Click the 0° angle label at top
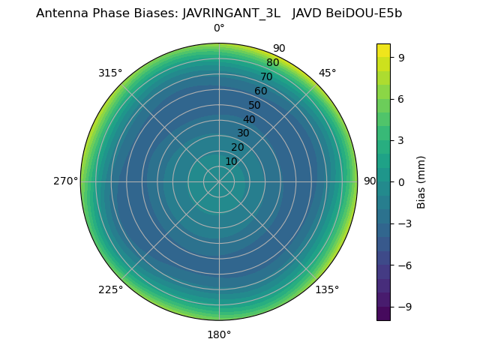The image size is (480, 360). point(219,28)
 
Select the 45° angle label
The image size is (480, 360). point(327,73)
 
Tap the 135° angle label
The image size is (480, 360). point(327,289)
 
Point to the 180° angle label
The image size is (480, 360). point(219,334)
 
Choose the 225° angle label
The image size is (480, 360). point(110,289)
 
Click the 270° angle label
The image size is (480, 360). point(65,181)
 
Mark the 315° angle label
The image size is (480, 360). point(110,73)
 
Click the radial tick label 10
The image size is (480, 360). point(231,161)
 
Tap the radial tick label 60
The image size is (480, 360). point(260,91)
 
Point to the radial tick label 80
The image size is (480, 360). point(272,63)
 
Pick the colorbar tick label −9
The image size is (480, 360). point(403,307)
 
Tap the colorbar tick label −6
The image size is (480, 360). point(403,265)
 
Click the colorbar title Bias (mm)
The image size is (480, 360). point(421,182)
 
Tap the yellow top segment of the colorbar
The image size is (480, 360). point(383,50)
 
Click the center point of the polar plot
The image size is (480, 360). point(219,181)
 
